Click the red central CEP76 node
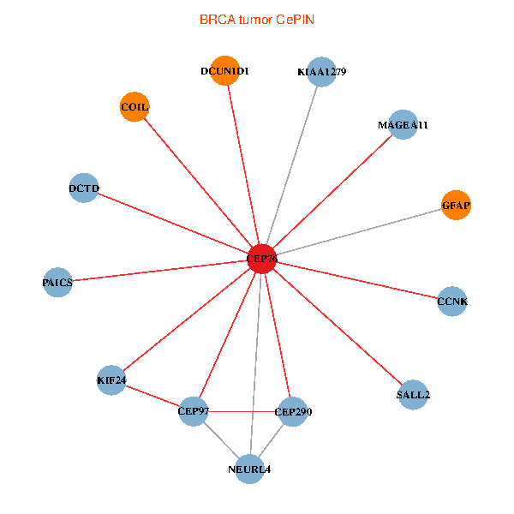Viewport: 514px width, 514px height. pyautogui.click(x=262, y=258)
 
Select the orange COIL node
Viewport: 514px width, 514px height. pyautogui.click(x=134, y=106)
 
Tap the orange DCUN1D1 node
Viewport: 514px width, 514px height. pyautogui.click(x=224, y=71)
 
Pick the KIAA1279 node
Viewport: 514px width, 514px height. pyautogui.click(x=321, y=72)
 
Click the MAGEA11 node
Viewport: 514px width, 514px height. pyautogui.click(x=403, y=124)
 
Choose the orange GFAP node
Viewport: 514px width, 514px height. pyautogui.click(x=456, y=205)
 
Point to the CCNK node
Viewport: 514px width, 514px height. pyautogui.click(x=451, y=301)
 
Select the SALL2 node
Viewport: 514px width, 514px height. pyautogui.click(x=413, y=395)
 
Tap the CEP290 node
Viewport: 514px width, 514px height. pyautogui.click(x=292, y=412)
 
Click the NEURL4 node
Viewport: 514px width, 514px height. pyautogui.click(x=249, y=469)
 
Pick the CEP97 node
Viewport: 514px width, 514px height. pyautogui.click(x=194, y=411)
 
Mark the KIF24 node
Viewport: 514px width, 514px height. pyautogui.click(x=111, y=380)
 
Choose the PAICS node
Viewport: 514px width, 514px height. pyautogui.click(x=57, y=282)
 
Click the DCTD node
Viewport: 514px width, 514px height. pyautogui.click(x=84, y=188)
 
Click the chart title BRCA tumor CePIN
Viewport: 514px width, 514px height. pyautogui.click(x=256, y=18)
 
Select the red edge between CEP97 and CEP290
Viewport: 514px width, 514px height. pyautogui.click(x=243, y=412)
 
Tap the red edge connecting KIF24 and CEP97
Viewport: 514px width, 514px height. pyautogui.click(x=152, y=395)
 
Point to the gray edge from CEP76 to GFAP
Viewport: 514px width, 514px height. pyautogui.click(x=360, y=231)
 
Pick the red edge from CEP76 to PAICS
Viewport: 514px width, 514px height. pyautogui.click(x=160, y=270)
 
